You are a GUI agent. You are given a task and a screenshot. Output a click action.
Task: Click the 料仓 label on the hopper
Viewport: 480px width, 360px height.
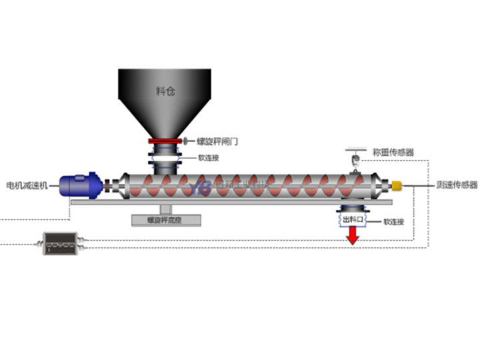click(165, 91)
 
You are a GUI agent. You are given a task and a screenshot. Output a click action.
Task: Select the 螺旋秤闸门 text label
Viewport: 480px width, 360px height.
click(217, 141)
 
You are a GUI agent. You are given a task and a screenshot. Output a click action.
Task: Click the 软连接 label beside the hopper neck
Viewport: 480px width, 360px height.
click(208, 158)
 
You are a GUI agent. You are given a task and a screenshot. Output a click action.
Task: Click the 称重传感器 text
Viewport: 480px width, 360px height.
click(393, 152)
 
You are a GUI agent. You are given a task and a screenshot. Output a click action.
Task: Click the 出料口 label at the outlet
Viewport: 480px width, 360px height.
click(352, 218)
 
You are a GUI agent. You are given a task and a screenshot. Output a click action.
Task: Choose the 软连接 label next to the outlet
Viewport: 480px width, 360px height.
click(393, 221)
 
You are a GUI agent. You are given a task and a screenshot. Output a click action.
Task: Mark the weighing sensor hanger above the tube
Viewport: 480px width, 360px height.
click(357, 159)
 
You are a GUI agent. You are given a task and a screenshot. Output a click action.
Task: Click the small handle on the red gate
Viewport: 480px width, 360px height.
click(187, 141)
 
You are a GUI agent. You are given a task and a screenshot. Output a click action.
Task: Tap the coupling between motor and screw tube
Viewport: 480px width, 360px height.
click(109, 185)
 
